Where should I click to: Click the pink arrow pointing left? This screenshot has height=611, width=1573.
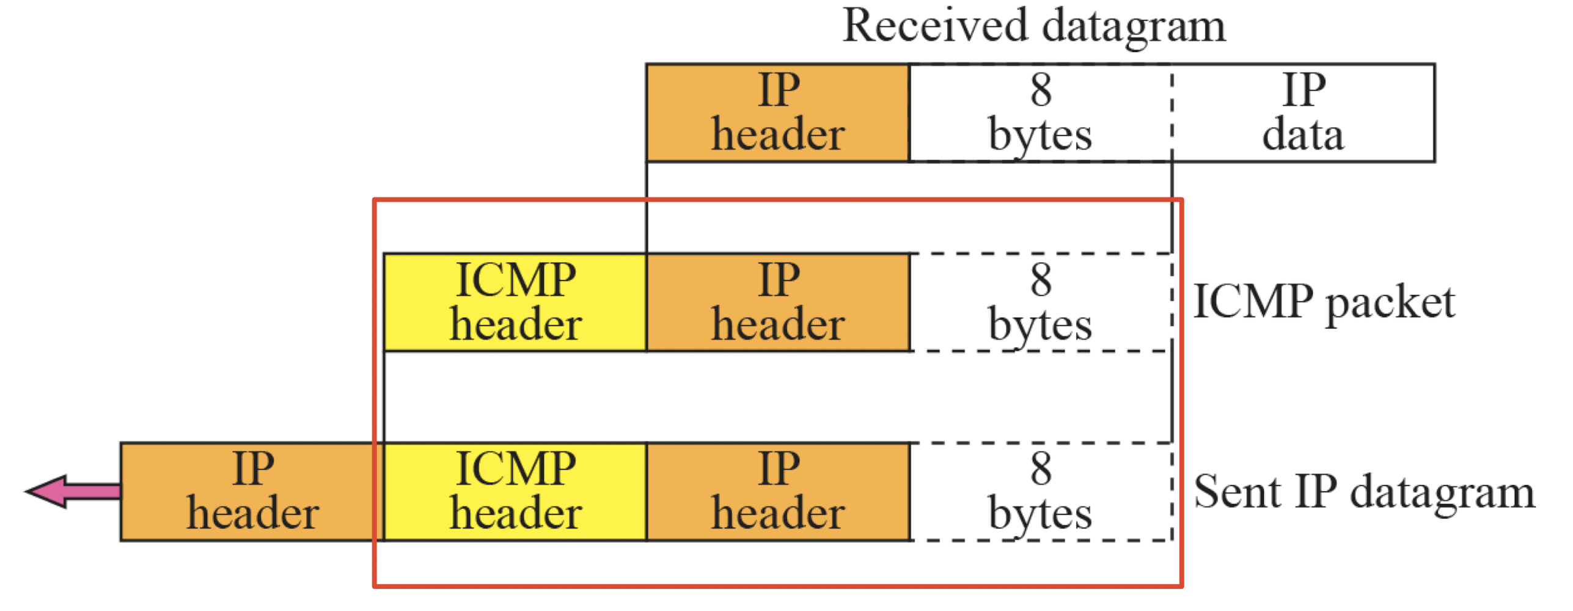[x=70, y=491]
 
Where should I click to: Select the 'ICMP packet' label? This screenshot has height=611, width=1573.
[x=1324, y=302]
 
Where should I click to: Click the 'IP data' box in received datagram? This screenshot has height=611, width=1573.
[x=1303, y=113]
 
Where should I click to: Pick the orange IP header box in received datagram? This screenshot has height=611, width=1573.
[x=777, y=113]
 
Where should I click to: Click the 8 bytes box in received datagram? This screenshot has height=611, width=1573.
[x=1040, y=113]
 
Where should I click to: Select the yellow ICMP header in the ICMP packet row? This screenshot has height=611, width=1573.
[x=515, y=302]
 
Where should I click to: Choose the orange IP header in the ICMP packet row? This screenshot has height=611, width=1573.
[x=777, y=302]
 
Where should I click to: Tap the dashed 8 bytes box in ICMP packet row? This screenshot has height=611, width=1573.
[x=1040, y=302]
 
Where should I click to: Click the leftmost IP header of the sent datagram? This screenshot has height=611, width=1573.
[x=252, y=492]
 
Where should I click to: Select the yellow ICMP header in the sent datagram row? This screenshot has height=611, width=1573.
[x=515, y=492]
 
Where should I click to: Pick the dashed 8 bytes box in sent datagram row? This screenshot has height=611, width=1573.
[x=1040, y=492]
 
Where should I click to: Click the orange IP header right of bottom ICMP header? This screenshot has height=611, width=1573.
[x=777, y=492]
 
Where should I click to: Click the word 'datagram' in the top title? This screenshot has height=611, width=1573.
[x=1134, y=27]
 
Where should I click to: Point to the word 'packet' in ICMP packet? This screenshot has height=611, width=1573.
[x=1391, y=304]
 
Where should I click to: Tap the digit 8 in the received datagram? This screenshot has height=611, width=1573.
[x=1041, y=90]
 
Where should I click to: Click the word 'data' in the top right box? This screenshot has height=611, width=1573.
[x=1303, y=136]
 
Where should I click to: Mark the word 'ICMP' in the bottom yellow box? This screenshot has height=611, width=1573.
[x=515, y=469]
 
